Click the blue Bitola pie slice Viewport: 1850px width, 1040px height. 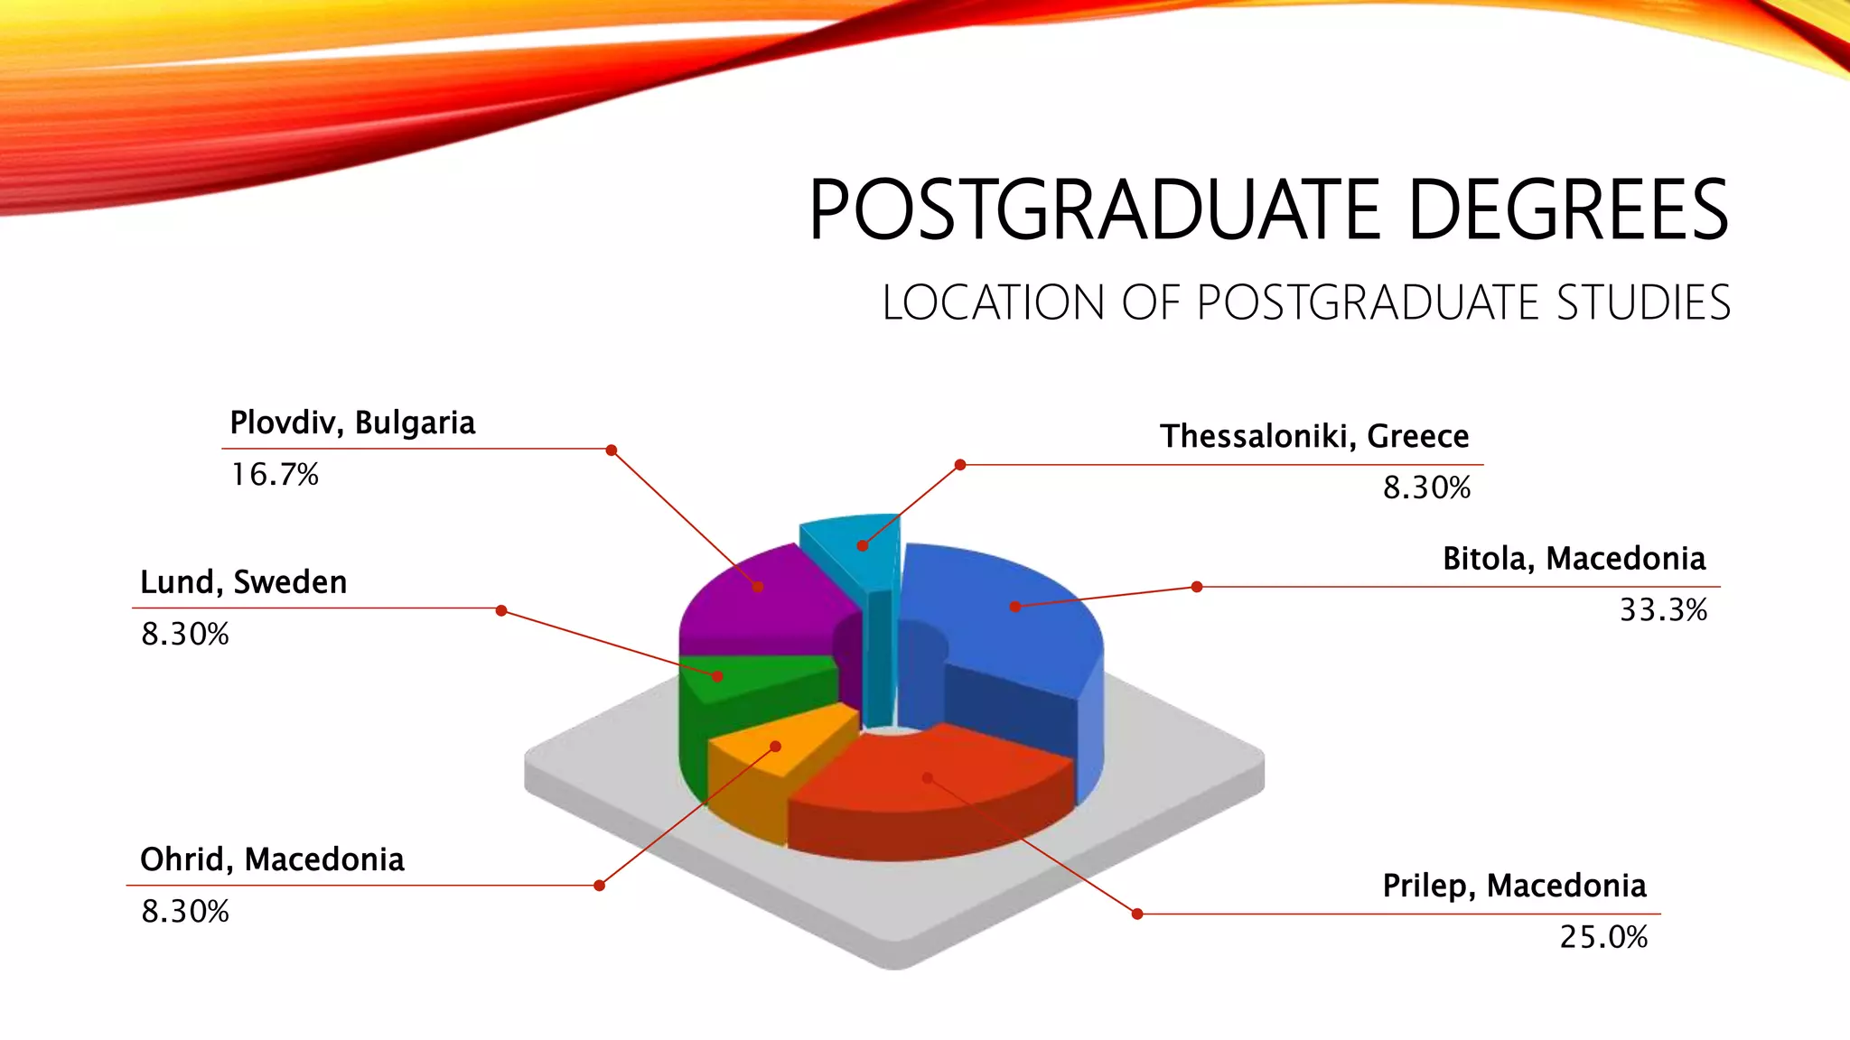(x=1003, y=614)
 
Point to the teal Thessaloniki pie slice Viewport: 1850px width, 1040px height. (x=854, y=542)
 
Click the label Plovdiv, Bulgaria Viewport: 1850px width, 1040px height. (x=352, y=422)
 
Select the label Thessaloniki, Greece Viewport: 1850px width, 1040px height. (x=1314, y=436)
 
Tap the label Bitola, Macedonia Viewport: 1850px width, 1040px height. (x=1574, y=559)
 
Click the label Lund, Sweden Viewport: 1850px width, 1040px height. (x=243, y=582)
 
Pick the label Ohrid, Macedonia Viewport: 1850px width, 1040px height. (x=272, y=859)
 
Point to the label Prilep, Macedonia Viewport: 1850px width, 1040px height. (x=1514, y=886)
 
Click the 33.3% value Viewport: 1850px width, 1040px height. (x=1663, y=610)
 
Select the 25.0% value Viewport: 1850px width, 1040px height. (x=1603, y=937)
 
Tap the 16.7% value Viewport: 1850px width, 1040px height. (x=275, y=475)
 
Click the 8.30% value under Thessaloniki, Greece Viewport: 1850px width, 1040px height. (x=1426, y=487)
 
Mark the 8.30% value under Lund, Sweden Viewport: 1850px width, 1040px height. (x=185, y=634)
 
